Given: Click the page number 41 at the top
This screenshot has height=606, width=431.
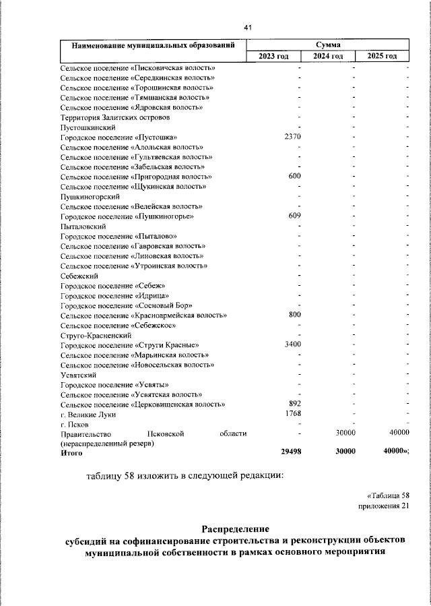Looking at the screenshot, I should tap(247, 28).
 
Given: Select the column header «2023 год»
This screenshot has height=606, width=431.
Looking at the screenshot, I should tap(273, 56).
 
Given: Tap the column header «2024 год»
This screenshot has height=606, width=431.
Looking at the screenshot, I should tap(328, 56).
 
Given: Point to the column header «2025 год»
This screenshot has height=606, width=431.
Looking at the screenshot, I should tap(382, 56).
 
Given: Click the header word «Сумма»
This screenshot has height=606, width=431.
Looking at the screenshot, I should tap(328, 44).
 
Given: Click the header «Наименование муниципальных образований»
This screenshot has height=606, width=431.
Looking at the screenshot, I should tap(154, 45).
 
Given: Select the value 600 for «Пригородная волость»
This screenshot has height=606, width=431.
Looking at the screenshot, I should tap(295, 176).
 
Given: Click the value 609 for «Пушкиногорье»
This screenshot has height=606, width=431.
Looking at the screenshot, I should tap(295, 216).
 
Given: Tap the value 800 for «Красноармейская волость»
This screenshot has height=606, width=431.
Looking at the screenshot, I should tap(295, 315).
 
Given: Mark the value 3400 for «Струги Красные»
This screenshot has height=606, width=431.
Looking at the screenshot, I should tap(292, 344).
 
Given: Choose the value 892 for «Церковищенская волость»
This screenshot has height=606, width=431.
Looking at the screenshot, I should tap(295, 404).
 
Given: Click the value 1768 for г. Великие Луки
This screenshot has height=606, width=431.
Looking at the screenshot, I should tap(292, 413).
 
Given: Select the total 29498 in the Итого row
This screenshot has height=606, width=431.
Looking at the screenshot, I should tap(290, 453).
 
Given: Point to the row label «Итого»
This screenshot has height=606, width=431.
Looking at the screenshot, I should tap(71, 453).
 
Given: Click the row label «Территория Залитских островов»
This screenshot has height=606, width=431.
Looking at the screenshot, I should tap(110, 117).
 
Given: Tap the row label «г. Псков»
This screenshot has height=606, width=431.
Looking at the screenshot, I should tap(74, 424).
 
